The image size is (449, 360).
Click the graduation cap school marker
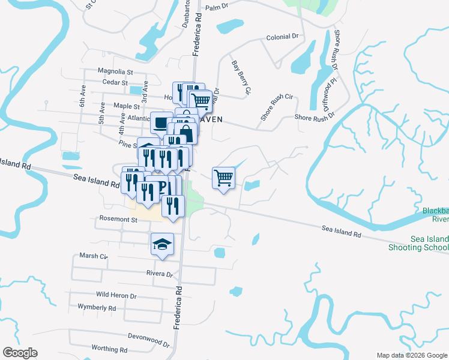tap(161, 244)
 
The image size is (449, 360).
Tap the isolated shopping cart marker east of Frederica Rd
tap(223, 177)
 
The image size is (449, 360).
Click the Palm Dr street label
tap(217, 8)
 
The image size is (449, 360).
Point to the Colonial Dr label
tap(282, 37)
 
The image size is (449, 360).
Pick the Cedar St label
tap(115, 82)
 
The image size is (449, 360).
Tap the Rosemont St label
tap(119, 220)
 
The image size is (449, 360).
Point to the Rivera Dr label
tap(159, 274)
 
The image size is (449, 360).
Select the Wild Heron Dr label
tap(116, 296)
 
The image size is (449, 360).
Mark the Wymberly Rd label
tap(97, 308)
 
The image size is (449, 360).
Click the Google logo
tap(20, 353)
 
